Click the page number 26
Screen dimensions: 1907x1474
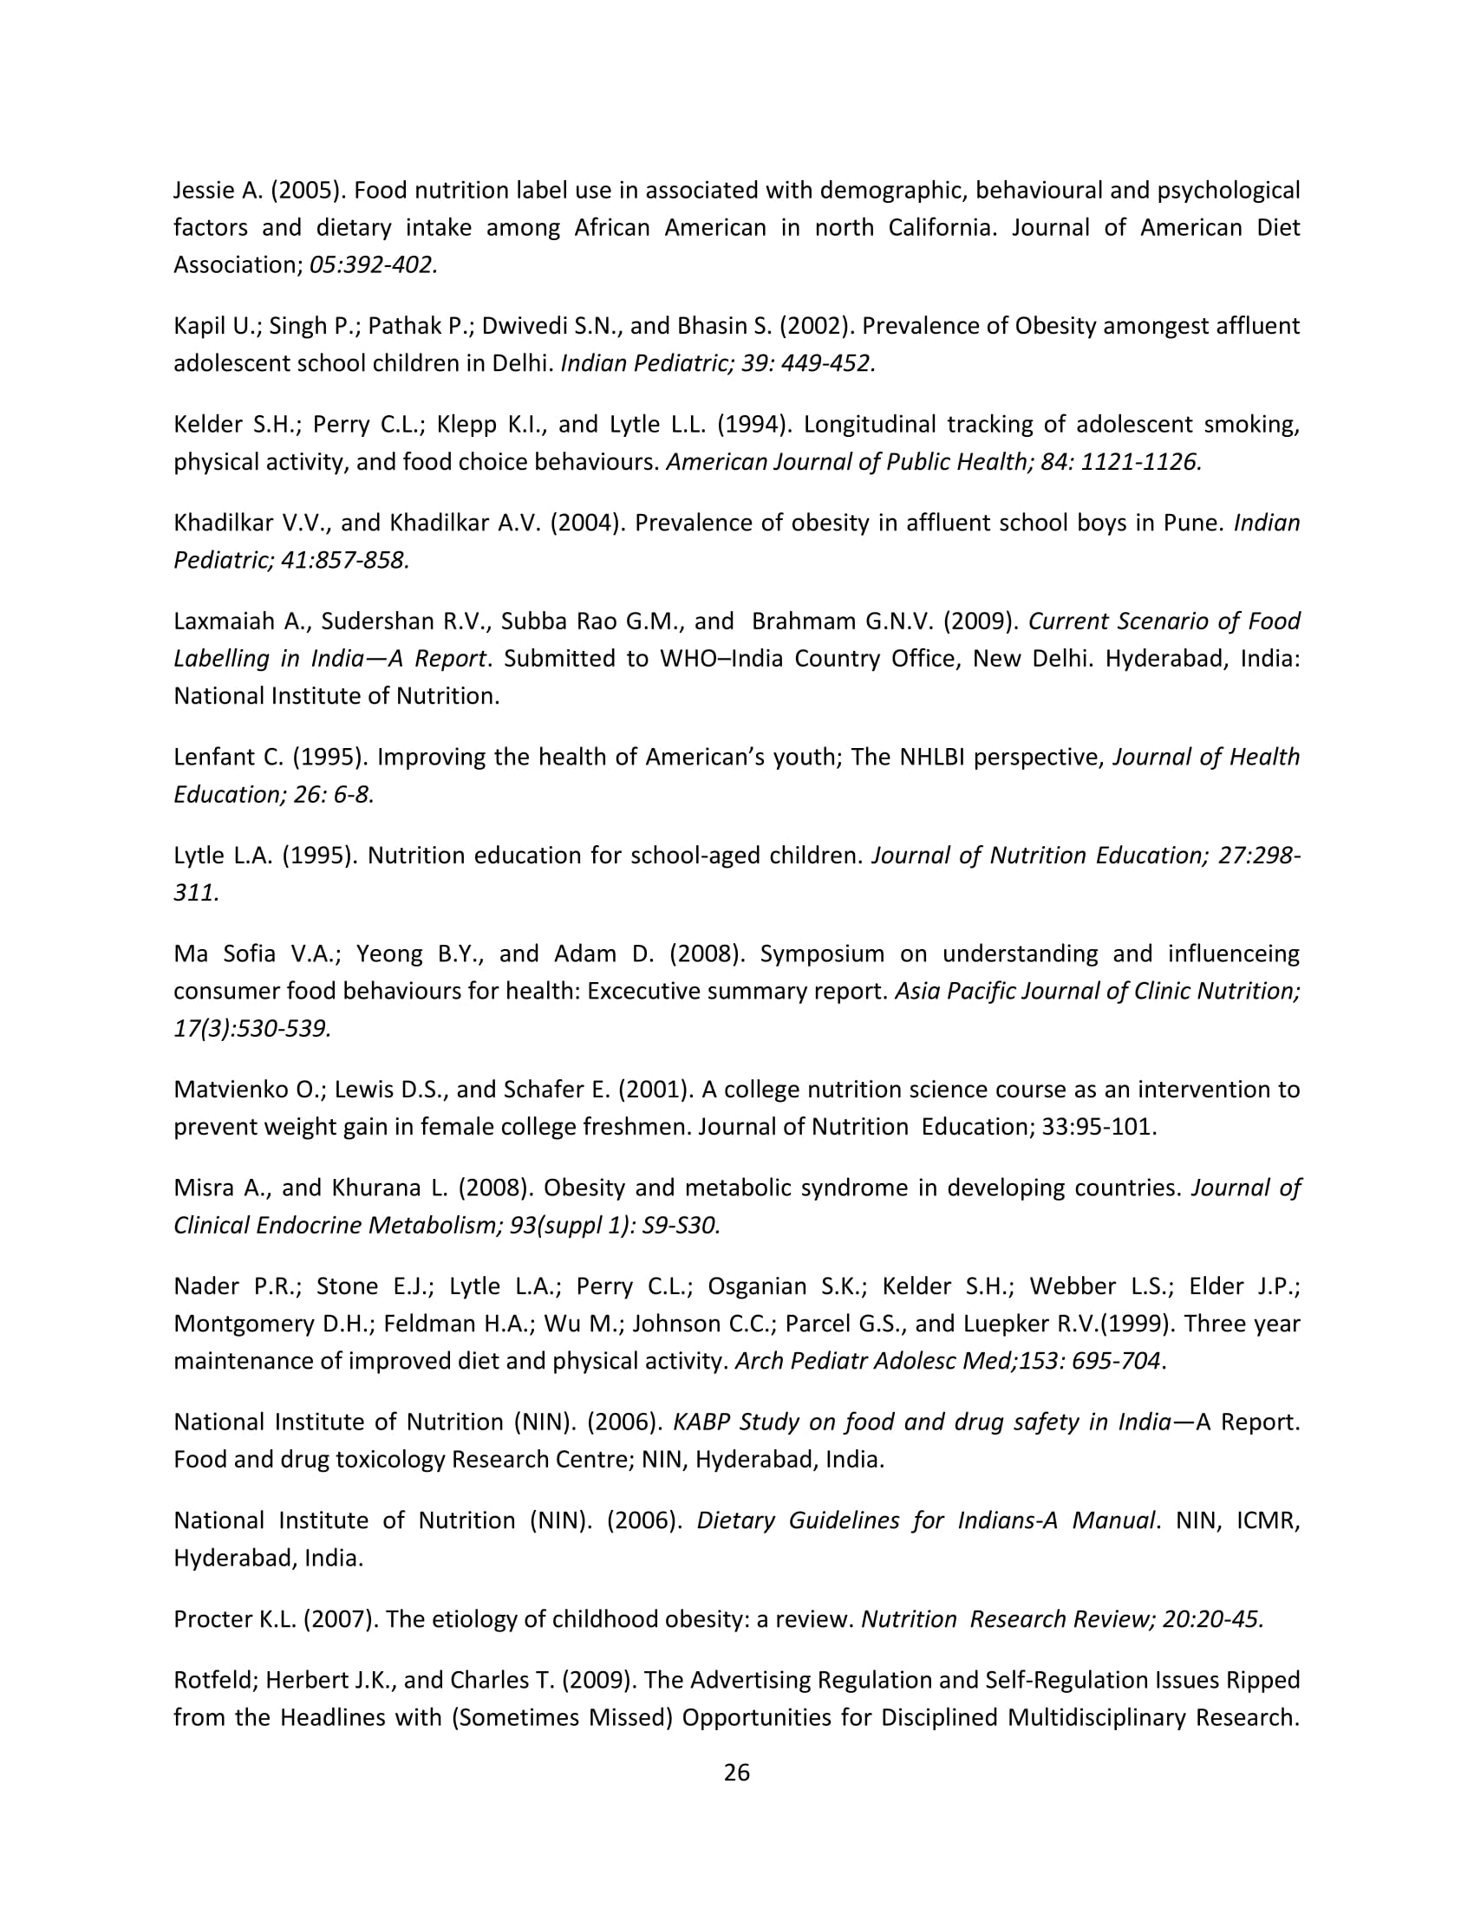point(736,1773)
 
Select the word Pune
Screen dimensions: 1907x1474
point(1189,523)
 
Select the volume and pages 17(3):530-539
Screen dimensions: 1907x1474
point(252,1029)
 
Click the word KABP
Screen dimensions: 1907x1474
point(701,1422)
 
